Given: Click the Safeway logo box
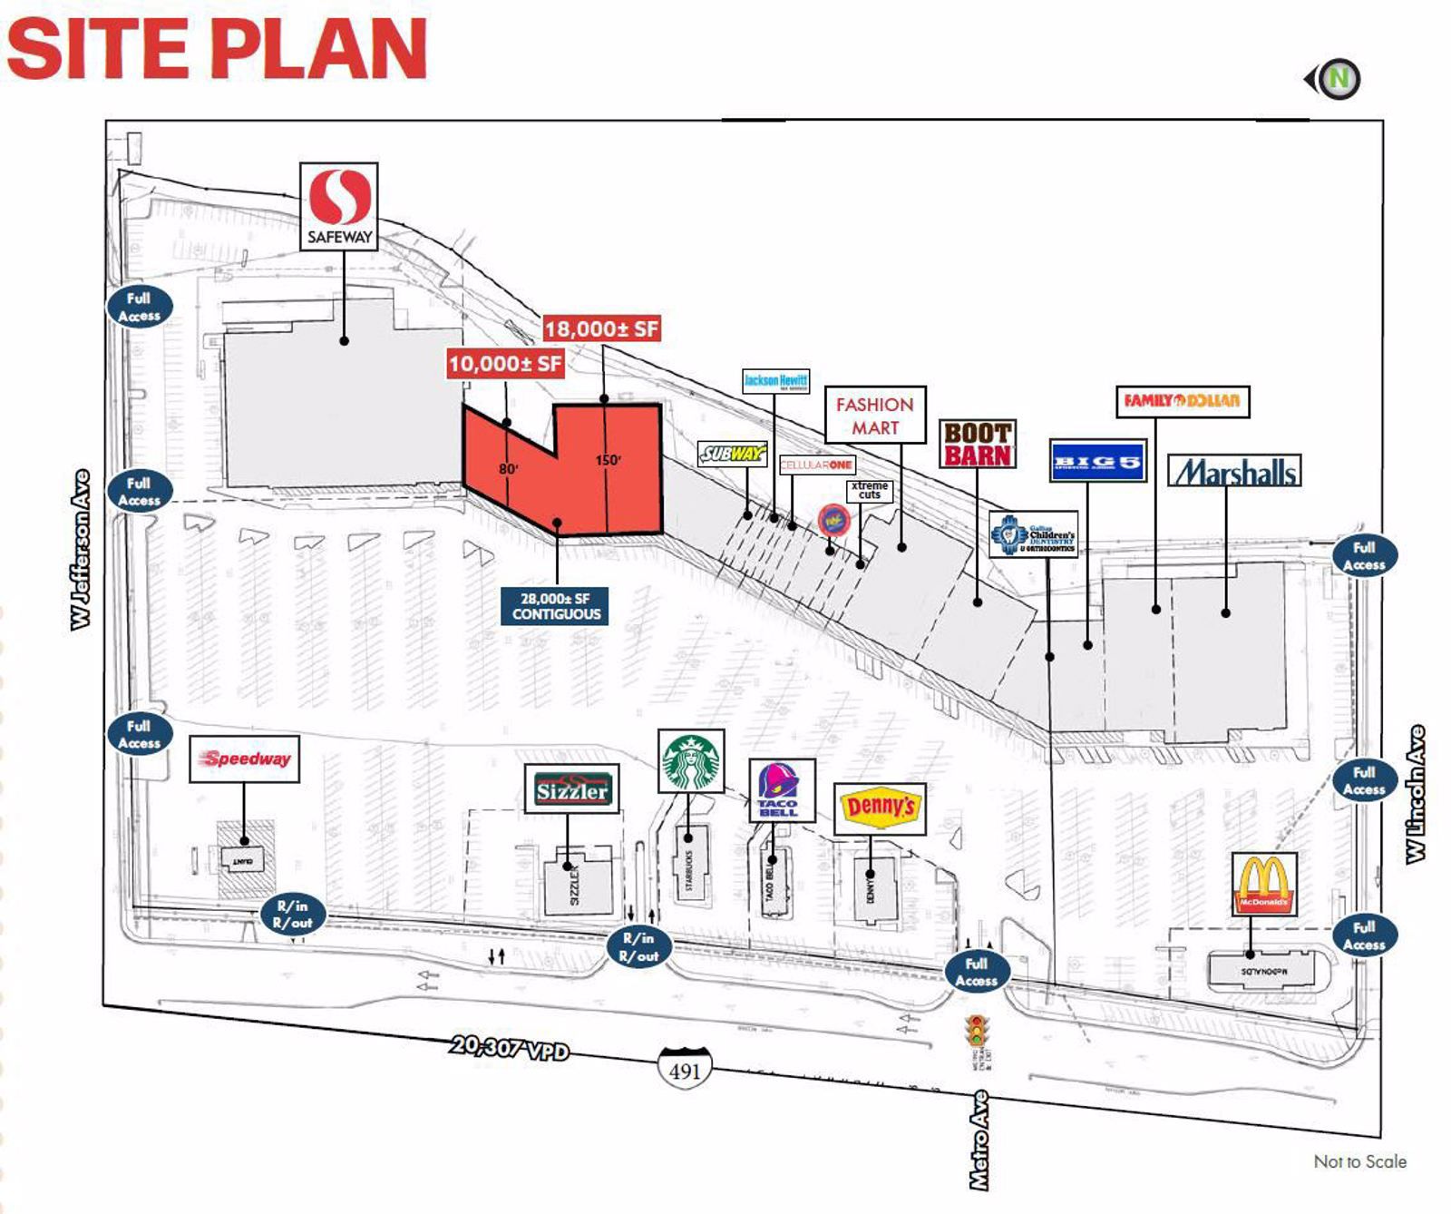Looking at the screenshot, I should [338, 207].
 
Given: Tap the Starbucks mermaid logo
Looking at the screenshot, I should [691, 761].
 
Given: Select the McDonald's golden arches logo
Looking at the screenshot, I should [1264, 883].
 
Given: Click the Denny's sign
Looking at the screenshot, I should [879, 808].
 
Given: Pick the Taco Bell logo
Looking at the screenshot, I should [781, 790].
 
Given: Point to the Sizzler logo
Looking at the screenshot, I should [571, 788].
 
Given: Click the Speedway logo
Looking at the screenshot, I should [245, 759].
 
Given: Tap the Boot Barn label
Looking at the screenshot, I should [977, 444].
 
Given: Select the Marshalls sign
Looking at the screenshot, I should [1233, 471].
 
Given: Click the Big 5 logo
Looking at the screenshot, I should [1097, 461].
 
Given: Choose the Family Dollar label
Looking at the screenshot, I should [1182, 400].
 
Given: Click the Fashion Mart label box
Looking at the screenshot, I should [874, 415].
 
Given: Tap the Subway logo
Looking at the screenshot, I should [732, 453].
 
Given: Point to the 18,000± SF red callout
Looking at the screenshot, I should [601, 328].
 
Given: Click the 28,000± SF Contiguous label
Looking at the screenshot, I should [556, 606].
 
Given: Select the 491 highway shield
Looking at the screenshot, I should [685, 1069].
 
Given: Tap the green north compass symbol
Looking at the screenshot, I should [1337, 80].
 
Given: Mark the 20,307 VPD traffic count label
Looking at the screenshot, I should [510, 1048].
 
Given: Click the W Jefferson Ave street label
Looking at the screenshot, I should [82, 550].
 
